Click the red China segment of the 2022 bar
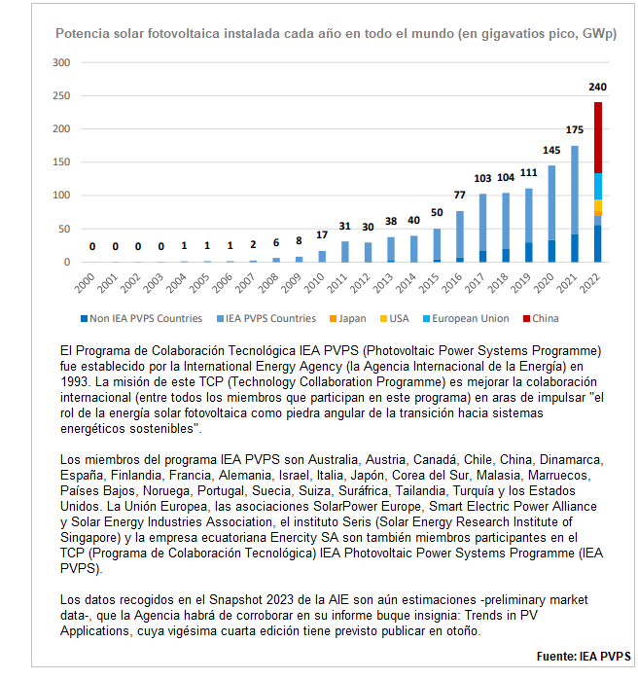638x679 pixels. tap(598, 137)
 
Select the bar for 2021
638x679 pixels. tap(574, 203)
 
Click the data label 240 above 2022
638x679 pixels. tap(598, 87)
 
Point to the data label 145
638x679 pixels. tap(551, 150)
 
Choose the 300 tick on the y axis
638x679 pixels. tap(62, 62)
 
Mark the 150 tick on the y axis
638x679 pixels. tap(62, 162)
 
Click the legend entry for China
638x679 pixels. tap(545, 318)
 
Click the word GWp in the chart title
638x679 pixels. tap(595, 34)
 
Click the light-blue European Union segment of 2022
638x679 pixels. tap(598, 186)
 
